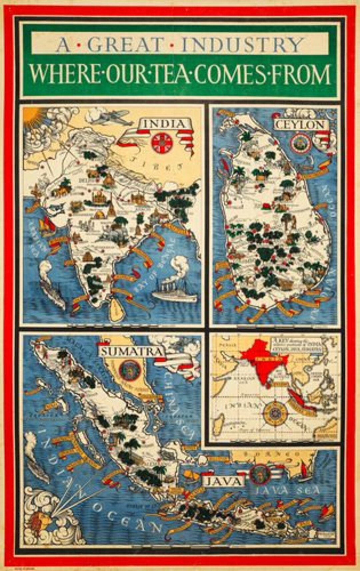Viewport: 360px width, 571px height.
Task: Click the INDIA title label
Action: pos(163,124)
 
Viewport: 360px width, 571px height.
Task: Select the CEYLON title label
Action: pos(300,125)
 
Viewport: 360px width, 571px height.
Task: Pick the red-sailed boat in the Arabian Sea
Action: pos(46,224)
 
